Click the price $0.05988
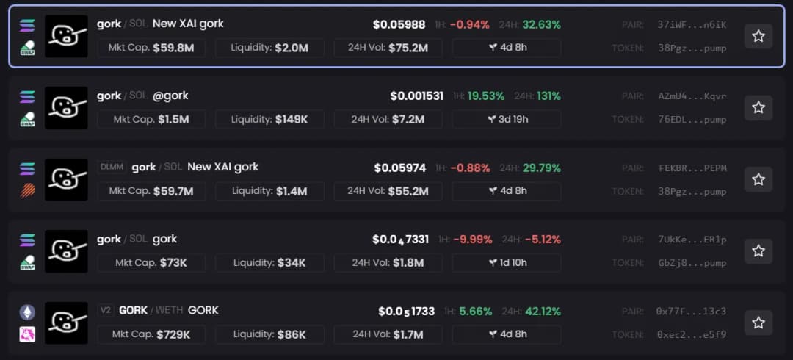point(399,24)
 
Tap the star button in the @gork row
point(758,107)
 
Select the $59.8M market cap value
point(173,48)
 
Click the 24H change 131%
point(548,96)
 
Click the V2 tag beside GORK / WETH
point(106,311)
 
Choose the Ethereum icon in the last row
point(27,312)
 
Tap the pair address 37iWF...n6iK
point(692,24)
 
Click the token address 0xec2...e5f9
point(691,334)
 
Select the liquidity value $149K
point(292,120)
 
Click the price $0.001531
point(416,96)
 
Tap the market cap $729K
point(173,334)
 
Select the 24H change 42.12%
point(543,311)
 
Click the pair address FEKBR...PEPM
point(692,168)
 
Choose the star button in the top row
point(758,35)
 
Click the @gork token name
point(170,96)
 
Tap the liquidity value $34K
point(292,262)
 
